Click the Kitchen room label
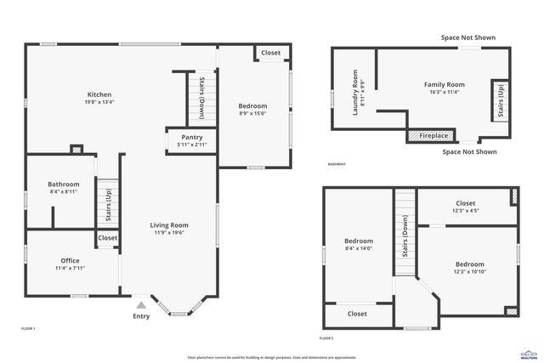click(x=99, y=94)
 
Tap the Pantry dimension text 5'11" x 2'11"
click(x=191, y=145)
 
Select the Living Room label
click(x=170, y=225)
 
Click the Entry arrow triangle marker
click(x=141, y=303)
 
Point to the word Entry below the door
click(x=141, y=316)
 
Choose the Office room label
click(x=70, y=260)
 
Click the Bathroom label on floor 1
click(x=64, y=184)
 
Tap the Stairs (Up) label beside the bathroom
click(x=108, y=204)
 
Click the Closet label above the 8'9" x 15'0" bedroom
click(x=270, y=53)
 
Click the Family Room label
click(x=445, y=84)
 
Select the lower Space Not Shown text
click(x=469, y=152)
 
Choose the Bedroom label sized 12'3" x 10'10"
click(x=468, y=264)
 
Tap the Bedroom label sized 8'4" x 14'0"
click(x=359, y=241)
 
